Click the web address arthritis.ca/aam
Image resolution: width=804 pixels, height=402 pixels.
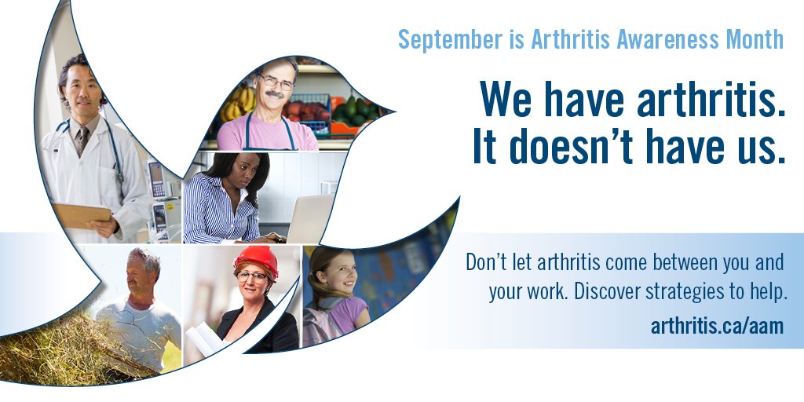click(x=717, y=325)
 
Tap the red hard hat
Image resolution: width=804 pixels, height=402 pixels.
click(x=256, y=258)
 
